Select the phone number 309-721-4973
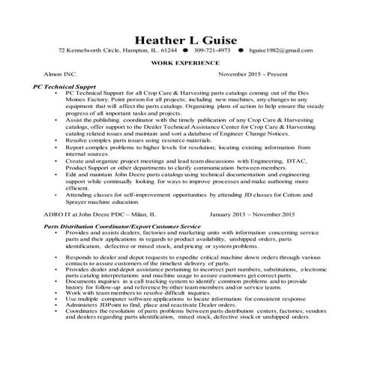click(214, 50)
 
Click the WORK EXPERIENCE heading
click(184, 64)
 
